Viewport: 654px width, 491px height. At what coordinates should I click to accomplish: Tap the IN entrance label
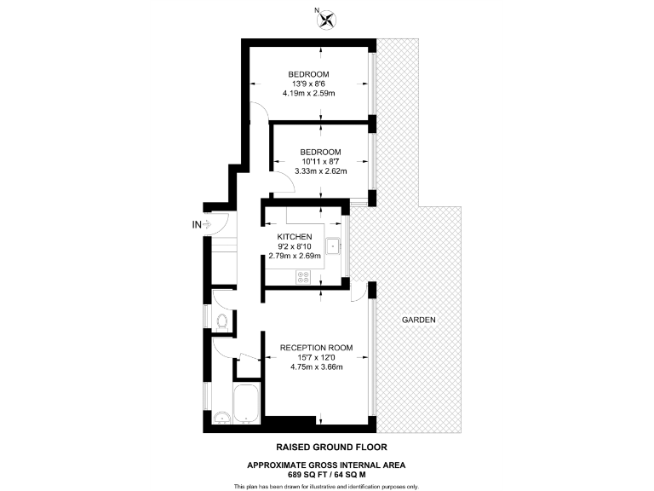(x=198, y=225)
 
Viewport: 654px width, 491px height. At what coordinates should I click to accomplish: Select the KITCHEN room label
(x=295, y=237)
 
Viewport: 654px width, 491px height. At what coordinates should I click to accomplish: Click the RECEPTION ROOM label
(x=316, y=348)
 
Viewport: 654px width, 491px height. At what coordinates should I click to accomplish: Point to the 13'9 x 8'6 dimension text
(x=307, y=84)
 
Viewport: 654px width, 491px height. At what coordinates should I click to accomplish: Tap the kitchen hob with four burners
(x=303, y=275)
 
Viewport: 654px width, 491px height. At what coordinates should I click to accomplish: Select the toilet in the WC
(x=221, y=321)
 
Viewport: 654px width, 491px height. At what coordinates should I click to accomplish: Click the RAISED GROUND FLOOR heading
(x=326, y=447)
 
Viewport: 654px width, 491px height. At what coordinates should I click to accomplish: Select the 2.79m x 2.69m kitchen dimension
(x=295, y=255)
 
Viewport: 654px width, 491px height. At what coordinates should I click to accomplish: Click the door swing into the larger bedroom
(x=261, y=109)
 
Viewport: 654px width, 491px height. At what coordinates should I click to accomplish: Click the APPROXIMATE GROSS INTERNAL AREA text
(x=326, y=464)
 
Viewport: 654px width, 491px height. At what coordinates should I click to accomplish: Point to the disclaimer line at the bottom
(x=326, y=486)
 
